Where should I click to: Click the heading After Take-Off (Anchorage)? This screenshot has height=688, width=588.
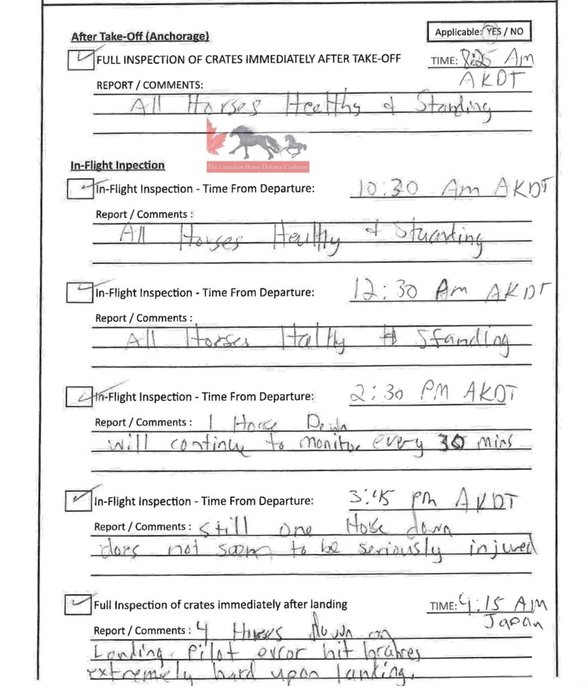click(x=140, y=36)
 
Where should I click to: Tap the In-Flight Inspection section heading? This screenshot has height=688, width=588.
click(x=117, y=165)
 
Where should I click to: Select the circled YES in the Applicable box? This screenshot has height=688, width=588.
click(x=493, y=31)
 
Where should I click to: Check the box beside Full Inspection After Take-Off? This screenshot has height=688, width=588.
click(x=81, y=60)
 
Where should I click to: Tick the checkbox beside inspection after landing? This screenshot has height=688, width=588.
click(x=78, y=605)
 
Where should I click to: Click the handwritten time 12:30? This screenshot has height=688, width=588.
click(x=385, y=292)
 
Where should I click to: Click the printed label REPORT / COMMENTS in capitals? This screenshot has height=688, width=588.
click(x=150, y=85)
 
